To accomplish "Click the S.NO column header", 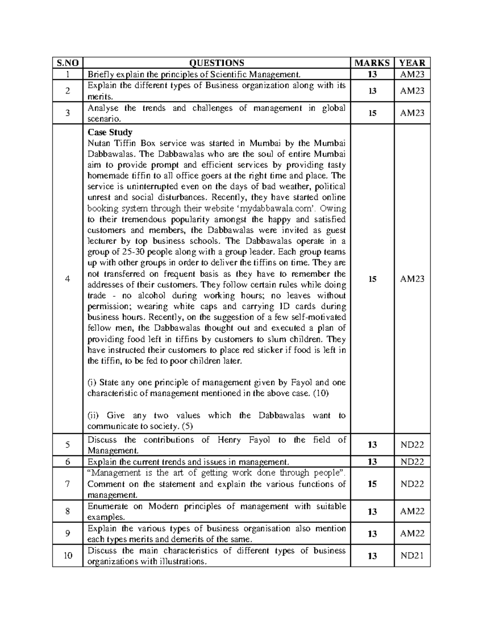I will coord(67,63).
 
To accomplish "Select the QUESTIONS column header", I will coord(217,63).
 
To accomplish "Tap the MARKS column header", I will coord(372,63).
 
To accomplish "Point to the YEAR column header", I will coord(412,63).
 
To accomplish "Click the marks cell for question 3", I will coord(372,113).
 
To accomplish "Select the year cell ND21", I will coord(412,556).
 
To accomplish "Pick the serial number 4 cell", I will coord(67,279).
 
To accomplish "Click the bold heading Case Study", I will coord(110,132).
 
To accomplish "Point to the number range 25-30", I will coord(133,252).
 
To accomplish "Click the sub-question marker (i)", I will coord(92,382).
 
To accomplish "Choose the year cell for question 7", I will coord(412,484).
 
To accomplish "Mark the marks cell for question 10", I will coord(372,556).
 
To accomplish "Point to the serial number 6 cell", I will coord(67,462).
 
